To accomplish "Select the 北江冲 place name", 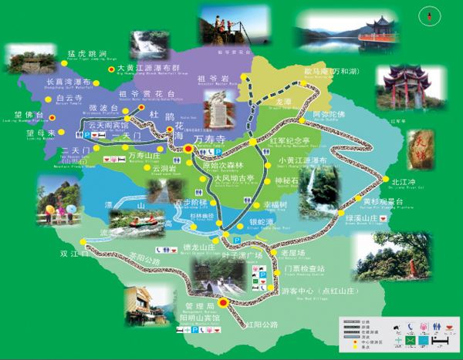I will (x=403, y=183).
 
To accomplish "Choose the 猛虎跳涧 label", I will (x=86, y=53).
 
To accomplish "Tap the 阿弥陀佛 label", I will (x=328, y=113).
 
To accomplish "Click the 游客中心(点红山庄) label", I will (x=313, y=291).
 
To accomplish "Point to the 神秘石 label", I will (x=286, y=181).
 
